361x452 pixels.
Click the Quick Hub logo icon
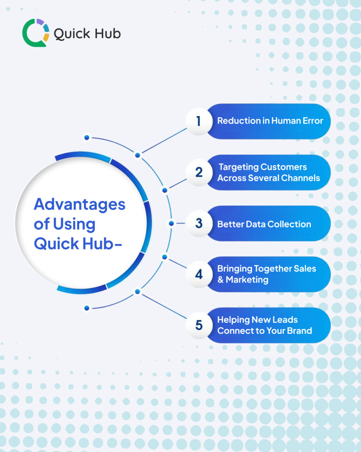point(36,32)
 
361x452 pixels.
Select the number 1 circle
point(198,121)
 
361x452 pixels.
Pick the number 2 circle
point(199,172)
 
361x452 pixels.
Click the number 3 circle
point(199,223)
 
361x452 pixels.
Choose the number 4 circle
point(199,274)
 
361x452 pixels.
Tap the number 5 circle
point(199,325)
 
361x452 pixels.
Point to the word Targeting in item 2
point(238,167)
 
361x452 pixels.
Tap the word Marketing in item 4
point(247,280)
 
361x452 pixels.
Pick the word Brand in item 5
point(299,331)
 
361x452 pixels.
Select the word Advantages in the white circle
point(80,204)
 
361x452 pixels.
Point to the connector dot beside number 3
point(171,224)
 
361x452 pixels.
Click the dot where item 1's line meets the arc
point(138,155)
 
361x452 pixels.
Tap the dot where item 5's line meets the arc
point(138,292)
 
